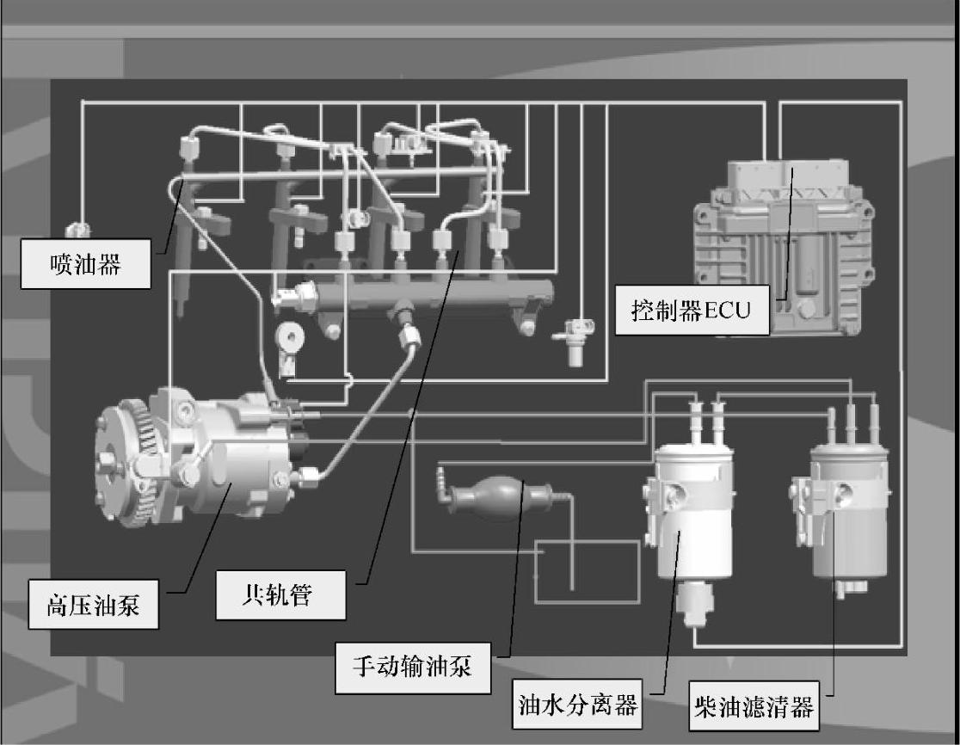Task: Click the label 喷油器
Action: pos(85,264)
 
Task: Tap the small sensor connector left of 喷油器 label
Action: pos(77,231)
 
